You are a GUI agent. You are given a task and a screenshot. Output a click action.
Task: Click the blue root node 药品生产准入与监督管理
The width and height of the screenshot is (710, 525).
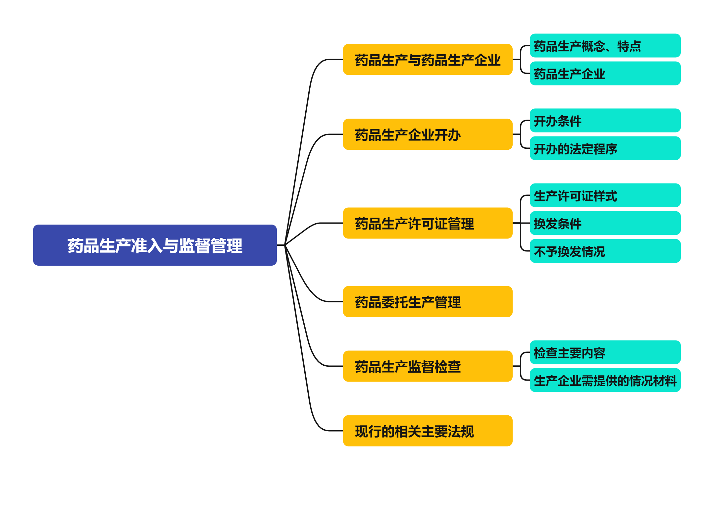pyautogui.click(x=155, y=245)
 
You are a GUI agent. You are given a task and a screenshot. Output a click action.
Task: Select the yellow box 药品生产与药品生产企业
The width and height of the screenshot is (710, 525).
pyautogui.click(x=428, y=60)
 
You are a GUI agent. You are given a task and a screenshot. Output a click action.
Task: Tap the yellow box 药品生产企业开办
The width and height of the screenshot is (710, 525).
pyautogui.click(x=428, y=134)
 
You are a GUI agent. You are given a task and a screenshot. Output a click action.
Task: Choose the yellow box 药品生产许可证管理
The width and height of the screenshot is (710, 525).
pyautogui.click(x=428, y=223)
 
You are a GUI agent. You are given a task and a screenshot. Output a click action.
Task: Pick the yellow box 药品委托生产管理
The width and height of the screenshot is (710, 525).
pyautogui.click(x=428, y=302)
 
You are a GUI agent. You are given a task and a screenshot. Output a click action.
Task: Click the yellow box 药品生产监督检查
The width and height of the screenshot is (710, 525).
pyautogui.click(x=428, y=366)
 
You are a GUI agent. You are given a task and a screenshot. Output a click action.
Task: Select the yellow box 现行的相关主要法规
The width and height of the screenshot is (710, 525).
pyautogui.click(x=428, y=431)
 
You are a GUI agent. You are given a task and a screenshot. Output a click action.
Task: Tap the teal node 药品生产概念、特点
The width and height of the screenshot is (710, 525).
pyautogui.click(x=605, y=46)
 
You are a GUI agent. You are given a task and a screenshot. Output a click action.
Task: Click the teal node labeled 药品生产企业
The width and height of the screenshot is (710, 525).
pyautogui.click(x=605, y=74)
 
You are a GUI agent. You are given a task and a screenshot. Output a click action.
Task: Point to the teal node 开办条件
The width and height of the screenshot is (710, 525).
pyautogui.click(x=605, y=121)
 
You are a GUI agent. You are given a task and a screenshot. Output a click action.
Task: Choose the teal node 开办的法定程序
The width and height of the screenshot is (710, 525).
pyautogui.click(x=605, y=148)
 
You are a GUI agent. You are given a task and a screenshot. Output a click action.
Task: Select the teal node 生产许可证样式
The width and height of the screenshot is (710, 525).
pyautogui.click(x=605, y=195)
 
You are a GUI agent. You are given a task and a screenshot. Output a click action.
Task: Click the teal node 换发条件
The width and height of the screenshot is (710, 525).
pyautogui.click(x=605, y=223)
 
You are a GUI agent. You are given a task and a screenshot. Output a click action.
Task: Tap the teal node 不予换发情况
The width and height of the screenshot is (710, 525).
pyautogui.click(x=605, y=251)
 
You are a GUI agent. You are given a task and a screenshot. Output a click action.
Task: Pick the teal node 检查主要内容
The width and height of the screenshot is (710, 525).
pyautogui.click(x=605, y=352)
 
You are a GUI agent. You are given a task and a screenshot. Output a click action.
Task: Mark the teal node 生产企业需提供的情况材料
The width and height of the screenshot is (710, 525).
pyautogui.click(x=605, y=380)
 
